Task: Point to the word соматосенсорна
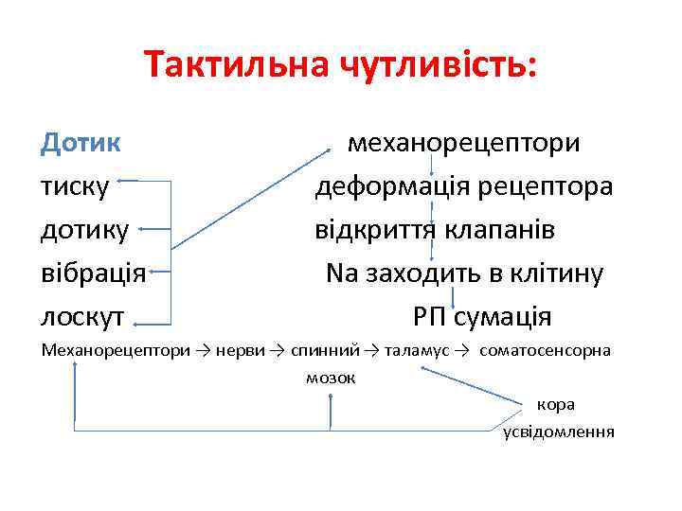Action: click(546, 350)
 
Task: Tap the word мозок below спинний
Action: click(331, 378)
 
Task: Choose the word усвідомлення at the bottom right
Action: click(559, 432)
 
